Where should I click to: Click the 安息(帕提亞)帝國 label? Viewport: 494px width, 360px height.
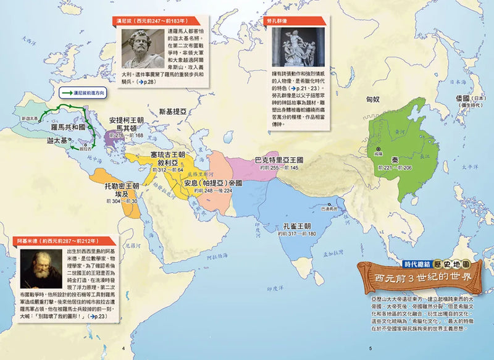coord(212,183)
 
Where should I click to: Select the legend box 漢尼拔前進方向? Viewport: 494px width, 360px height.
coord(84,93)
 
